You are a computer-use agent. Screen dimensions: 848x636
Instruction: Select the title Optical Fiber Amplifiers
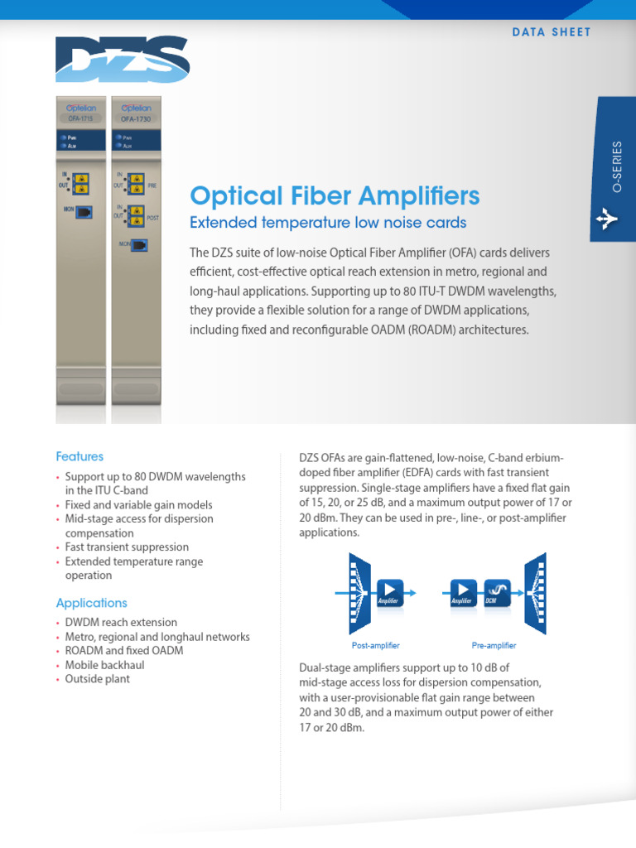pyautogui.click(x=335, y=195)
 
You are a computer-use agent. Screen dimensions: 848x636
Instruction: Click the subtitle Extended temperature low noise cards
pyautogui.click(x=328, y=223)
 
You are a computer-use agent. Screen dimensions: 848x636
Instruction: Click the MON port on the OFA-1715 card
pyautogui.click(x=83, y=213)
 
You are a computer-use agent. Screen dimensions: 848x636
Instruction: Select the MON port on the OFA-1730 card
pyautogui.click(x=137, y=245)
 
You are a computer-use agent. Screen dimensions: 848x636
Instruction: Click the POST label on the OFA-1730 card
pyautogui.click(x=152, y=218)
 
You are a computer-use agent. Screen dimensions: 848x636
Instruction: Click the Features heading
pyautogui.click(x=79, y=456)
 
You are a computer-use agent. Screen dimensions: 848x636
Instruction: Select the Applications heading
pyautogui.click(x=91, y=603)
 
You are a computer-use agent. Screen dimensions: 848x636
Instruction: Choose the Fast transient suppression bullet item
pyautogui.click(x=127, y=547)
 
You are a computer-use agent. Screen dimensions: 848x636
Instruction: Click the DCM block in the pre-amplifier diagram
pyautogui.click(x=496, y=592)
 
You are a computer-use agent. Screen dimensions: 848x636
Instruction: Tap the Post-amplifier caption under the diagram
pyautogui.click(x=376, y=645)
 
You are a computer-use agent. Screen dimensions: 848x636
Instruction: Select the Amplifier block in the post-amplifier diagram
pyautogui.click(x=389, y=592)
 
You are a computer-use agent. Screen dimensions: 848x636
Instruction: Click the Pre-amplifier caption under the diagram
pyautogui.click(x=494, y=645)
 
